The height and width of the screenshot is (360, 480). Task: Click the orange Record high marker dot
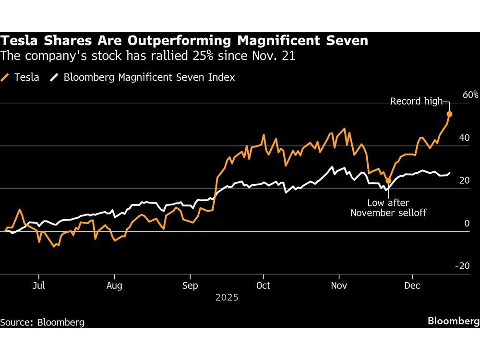[450, 114]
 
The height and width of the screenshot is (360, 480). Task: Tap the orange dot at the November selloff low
[388, 181]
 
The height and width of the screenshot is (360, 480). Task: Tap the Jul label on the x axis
[39, 286]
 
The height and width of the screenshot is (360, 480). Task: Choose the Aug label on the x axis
[114, 286]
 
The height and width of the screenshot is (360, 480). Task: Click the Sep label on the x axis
[190, 286]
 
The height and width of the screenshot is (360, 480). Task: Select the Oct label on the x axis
[263, 286]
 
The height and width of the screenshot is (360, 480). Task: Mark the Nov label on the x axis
[339, 286]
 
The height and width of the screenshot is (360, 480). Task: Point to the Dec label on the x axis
[412, 286]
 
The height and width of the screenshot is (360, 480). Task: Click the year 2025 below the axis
[227, 298]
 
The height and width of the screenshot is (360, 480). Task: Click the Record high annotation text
[416, 101]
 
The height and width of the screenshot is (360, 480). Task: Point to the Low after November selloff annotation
[388, 207]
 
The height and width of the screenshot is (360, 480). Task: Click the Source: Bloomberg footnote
[42, 322]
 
